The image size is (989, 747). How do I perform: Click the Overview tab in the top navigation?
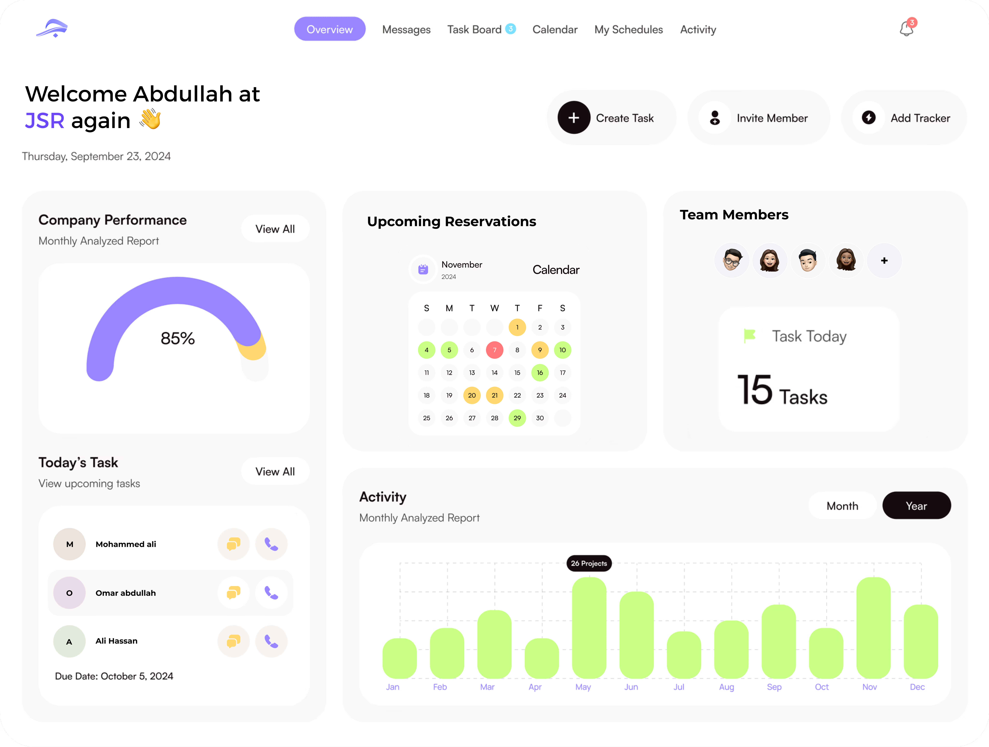[x=329, y=29]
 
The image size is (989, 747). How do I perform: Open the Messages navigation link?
[x=406, y=29]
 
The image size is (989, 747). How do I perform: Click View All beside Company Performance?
[x=275, y=229]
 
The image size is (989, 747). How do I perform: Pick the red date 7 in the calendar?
[x=494, y=350]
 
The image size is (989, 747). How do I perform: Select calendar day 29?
[x=517, y=418]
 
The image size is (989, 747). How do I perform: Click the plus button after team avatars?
[x=884, y=260]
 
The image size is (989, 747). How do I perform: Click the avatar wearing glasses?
[x=731, y=260]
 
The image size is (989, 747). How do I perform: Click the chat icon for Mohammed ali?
[x=233, y=544]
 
